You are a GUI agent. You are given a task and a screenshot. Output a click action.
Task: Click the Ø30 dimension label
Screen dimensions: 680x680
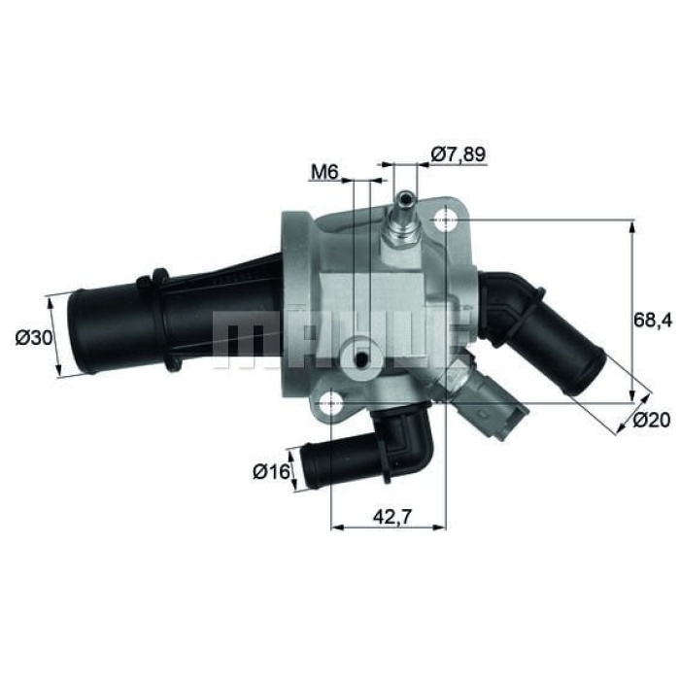pyautogui.click(x=34, y=338)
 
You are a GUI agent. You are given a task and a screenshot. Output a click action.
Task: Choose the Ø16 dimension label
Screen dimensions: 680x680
pyautogui.click(x=272, y=472)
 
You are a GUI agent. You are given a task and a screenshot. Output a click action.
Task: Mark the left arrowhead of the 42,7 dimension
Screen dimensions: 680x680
pyautogui.click(x=337, y=528)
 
